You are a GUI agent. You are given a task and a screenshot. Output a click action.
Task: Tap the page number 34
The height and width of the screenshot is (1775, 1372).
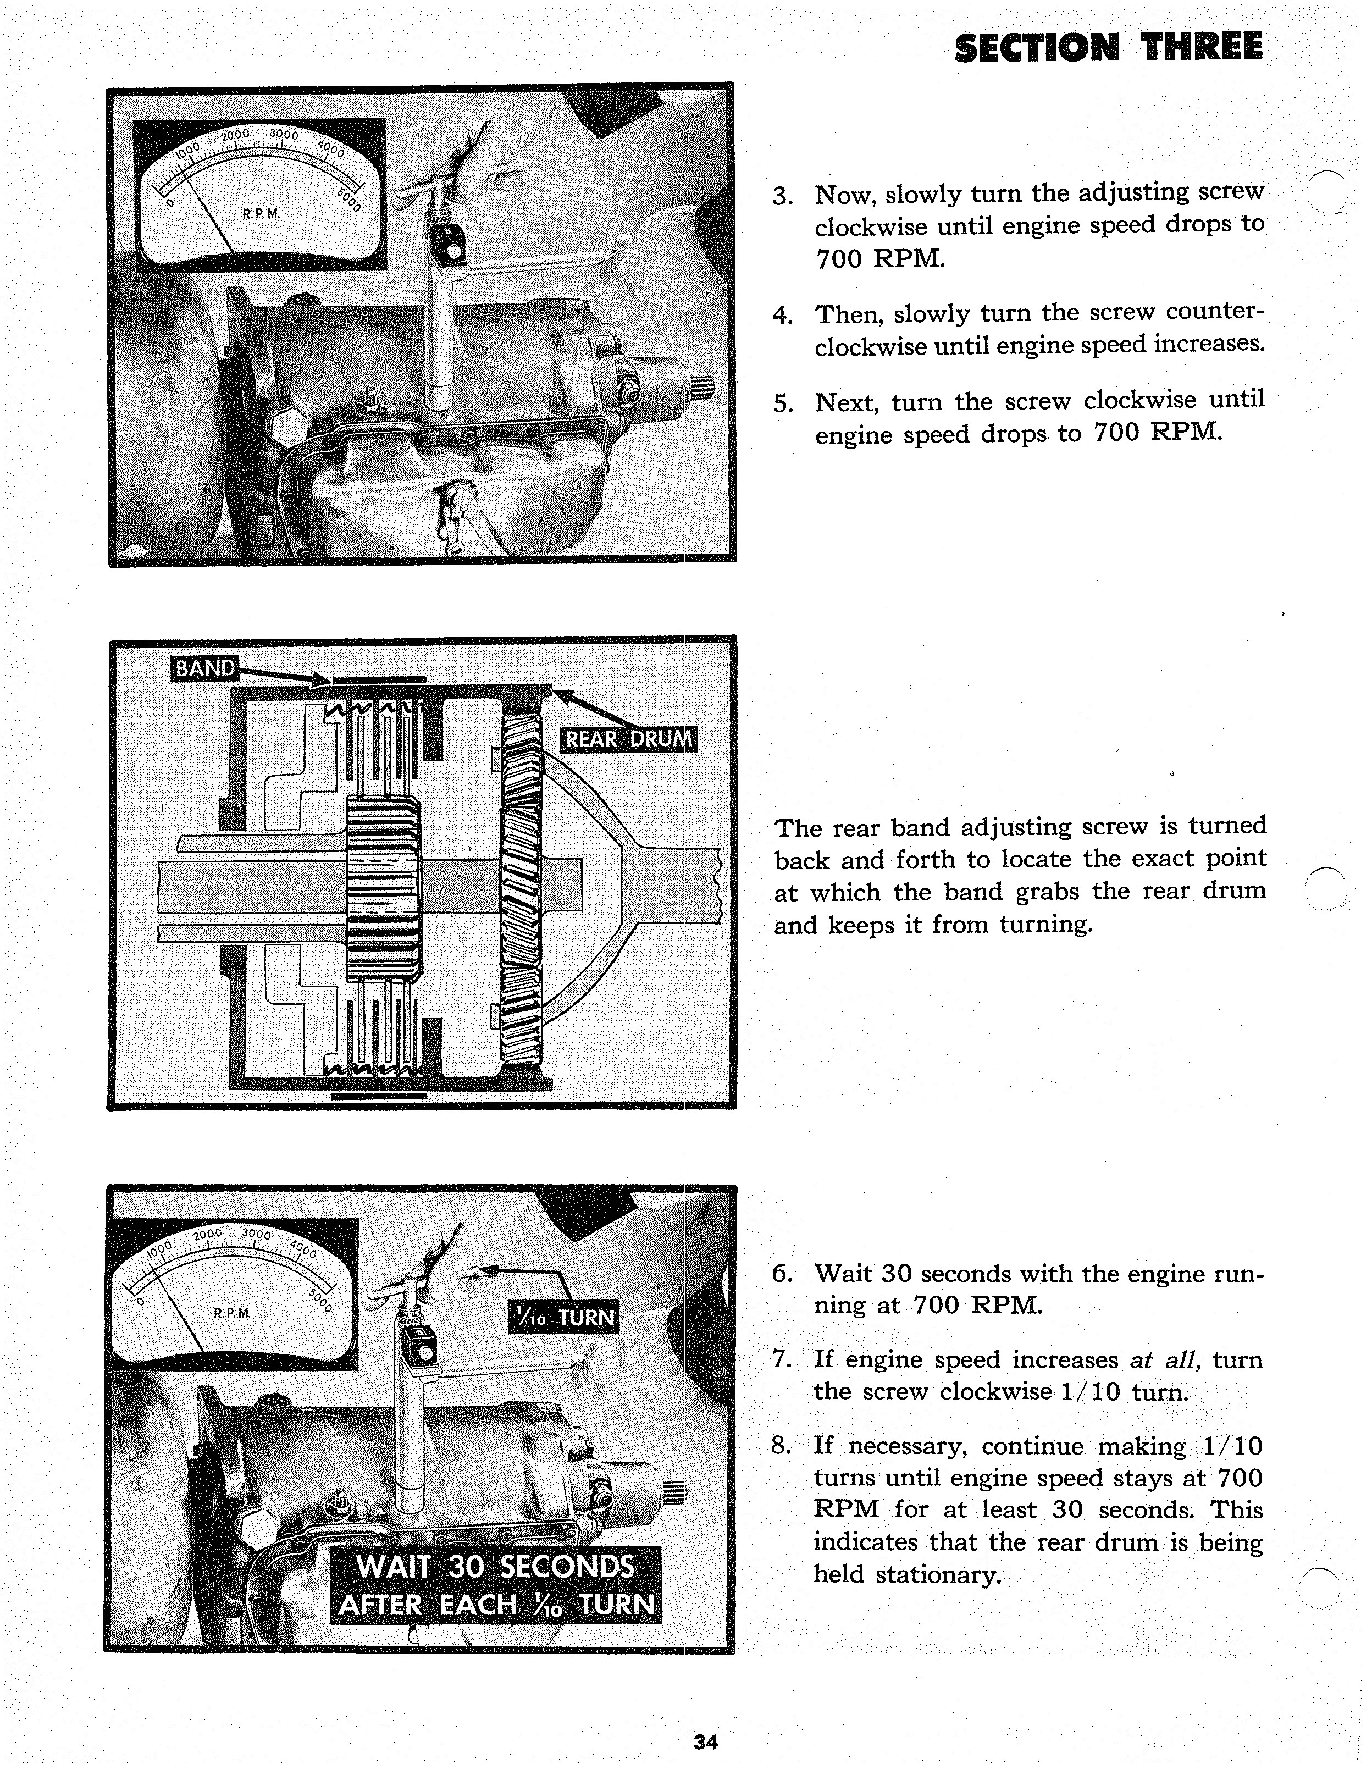[x=705, y=1741]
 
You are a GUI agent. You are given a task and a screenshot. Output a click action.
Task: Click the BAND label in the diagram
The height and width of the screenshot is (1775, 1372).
[x=204, y=668]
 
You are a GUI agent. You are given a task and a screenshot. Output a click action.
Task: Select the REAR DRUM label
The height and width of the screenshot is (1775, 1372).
[x=628, y=739]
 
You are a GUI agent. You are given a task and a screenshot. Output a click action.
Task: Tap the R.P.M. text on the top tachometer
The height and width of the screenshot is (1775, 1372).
[x=261, y=214]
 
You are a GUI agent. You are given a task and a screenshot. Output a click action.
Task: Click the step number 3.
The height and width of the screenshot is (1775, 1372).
[x=782, y=197]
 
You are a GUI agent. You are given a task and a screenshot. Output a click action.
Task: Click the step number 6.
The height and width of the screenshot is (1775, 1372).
[x=781, y=1274]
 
